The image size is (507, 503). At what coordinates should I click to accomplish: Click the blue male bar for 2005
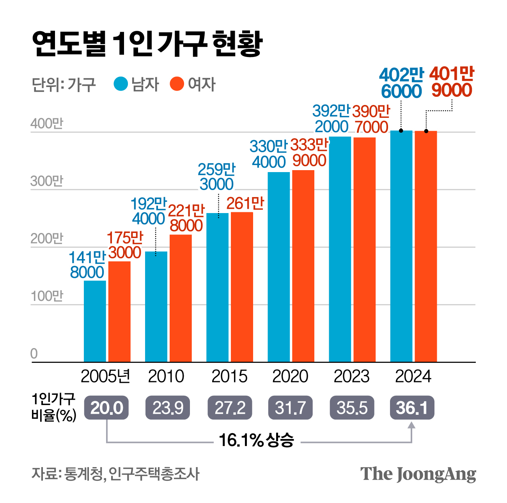point(95,321)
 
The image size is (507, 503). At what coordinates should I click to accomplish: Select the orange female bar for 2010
point(181,298)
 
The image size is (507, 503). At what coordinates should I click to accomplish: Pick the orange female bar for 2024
point(425,246)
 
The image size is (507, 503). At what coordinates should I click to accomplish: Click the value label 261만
point(245,204)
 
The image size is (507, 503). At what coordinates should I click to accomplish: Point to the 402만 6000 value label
point(401,83)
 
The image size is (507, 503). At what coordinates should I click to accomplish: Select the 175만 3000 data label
point(125,245)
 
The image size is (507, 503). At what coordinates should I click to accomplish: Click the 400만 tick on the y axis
point(46,124)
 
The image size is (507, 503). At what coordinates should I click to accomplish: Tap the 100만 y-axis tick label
point(46,296)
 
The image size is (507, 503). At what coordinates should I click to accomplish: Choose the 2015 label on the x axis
point(229,377)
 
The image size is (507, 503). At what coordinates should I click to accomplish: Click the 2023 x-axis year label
point(351,377)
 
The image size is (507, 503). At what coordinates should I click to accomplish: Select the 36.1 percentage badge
point(412,408)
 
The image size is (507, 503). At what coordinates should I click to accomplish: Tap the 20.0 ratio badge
point(106,408)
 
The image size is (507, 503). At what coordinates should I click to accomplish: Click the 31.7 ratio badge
point(290,408)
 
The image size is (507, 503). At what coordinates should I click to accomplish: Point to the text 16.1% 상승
point(256,440)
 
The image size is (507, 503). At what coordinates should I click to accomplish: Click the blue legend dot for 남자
point(121,84)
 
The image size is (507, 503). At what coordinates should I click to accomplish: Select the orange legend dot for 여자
point(177,84)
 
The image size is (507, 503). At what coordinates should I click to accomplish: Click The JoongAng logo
point(418,474)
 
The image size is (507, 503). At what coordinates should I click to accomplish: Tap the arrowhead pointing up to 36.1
point(412,425)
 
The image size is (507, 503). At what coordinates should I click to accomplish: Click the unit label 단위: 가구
point(64,84)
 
